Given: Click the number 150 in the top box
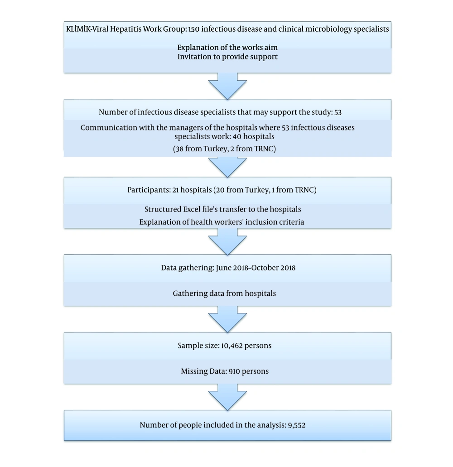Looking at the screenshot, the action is [193, 29].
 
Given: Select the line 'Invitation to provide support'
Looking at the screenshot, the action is [227, 57].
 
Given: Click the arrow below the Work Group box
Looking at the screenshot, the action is [227, 86].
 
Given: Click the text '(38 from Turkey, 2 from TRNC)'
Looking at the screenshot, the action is [225, 149].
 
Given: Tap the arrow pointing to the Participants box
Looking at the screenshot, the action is [227, 167].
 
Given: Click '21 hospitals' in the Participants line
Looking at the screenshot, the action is [192, 190].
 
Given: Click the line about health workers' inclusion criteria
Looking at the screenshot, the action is [222, 222].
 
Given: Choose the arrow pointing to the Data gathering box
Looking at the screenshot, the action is [227, 242].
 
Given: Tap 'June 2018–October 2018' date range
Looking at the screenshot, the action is [256, 268].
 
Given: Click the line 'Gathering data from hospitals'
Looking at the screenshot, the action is [224, 294].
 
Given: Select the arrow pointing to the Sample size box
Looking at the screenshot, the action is [227, 319].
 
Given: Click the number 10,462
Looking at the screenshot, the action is [232, 346].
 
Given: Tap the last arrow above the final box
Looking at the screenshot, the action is [227, 397].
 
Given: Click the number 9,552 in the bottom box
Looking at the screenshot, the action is [297, 425].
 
